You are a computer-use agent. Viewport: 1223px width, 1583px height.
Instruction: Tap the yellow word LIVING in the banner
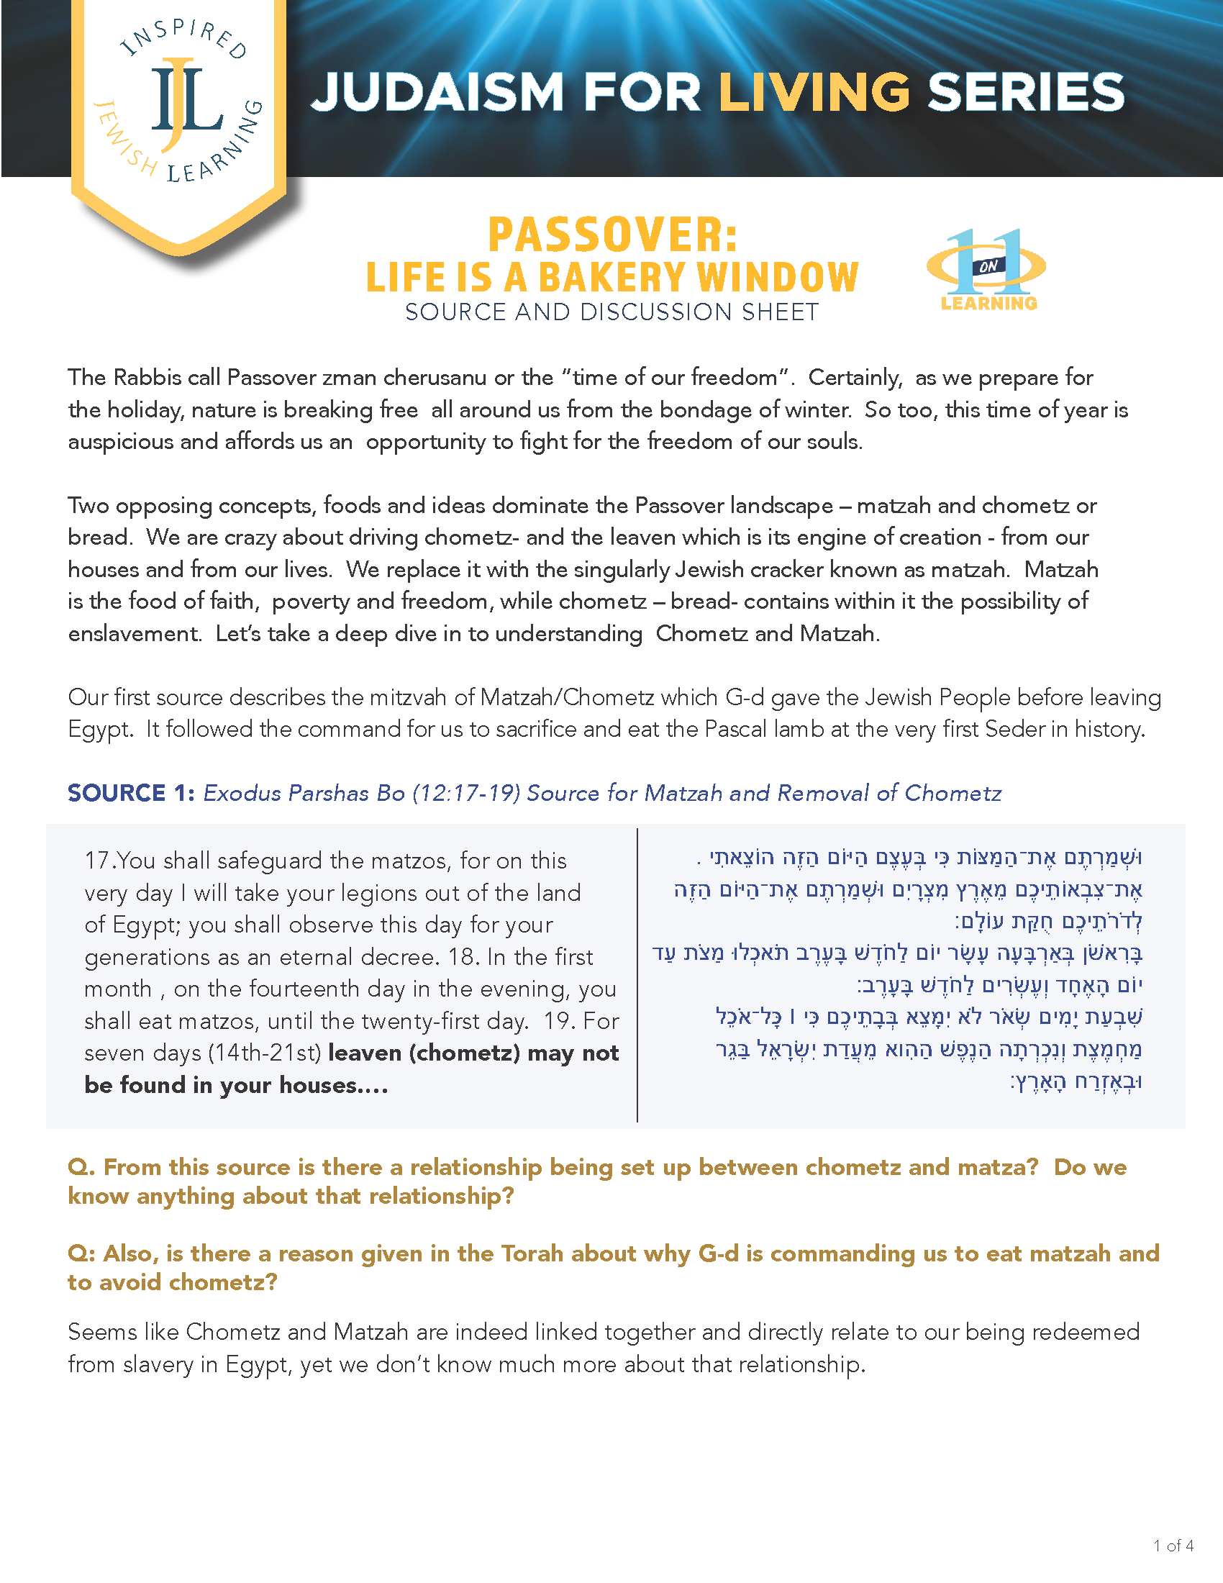point(814,93)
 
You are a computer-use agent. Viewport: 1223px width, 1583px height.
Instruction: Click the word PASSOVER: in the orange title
point(612,235)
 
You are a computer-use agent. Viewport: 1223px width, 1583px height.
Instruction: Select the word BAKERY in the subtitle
point(611,278)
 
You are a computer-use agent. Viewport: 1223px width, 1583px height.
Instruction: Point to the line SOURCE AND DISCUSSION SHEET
point(611,312)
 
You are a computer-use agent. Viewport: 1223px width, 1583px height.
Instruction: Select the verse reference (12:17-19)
point(466,793)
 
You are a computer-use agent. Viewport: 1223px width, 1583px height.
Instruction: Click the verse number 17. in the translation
point(100,861)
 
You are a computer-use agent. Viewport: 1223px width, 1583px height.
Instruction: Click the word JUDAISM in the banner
point(437,93)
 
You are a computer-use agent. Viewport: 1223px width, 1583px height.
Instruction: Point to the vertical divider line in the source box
point(637,975)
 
